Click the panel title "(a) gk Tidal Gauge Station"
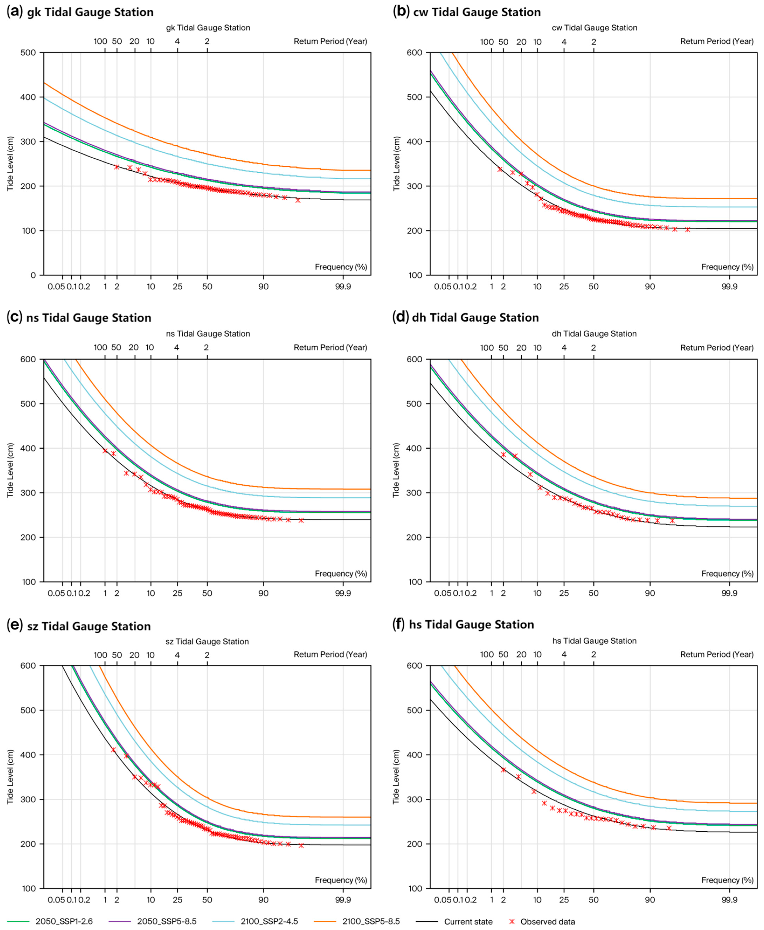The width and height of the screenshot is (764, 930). pyautogui.click(x=80, y=12)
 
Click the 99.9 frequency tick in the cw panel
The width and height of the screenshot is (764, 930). pyautogui.click(x=729, y=287)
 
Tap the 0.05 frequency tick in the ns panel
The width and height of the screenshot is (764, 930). pyautogui.click(x=56, y=593)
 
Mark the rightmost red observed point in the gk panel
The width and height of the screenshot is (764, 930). pyautogui.click(x=298, y=200)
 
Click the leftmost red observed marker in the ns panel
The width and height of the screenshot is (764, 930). pyautogui.click(x=105, y=450)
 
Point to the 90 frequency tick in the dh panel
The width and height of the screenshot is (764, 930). pyautogui.click(x=650, y=593)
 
